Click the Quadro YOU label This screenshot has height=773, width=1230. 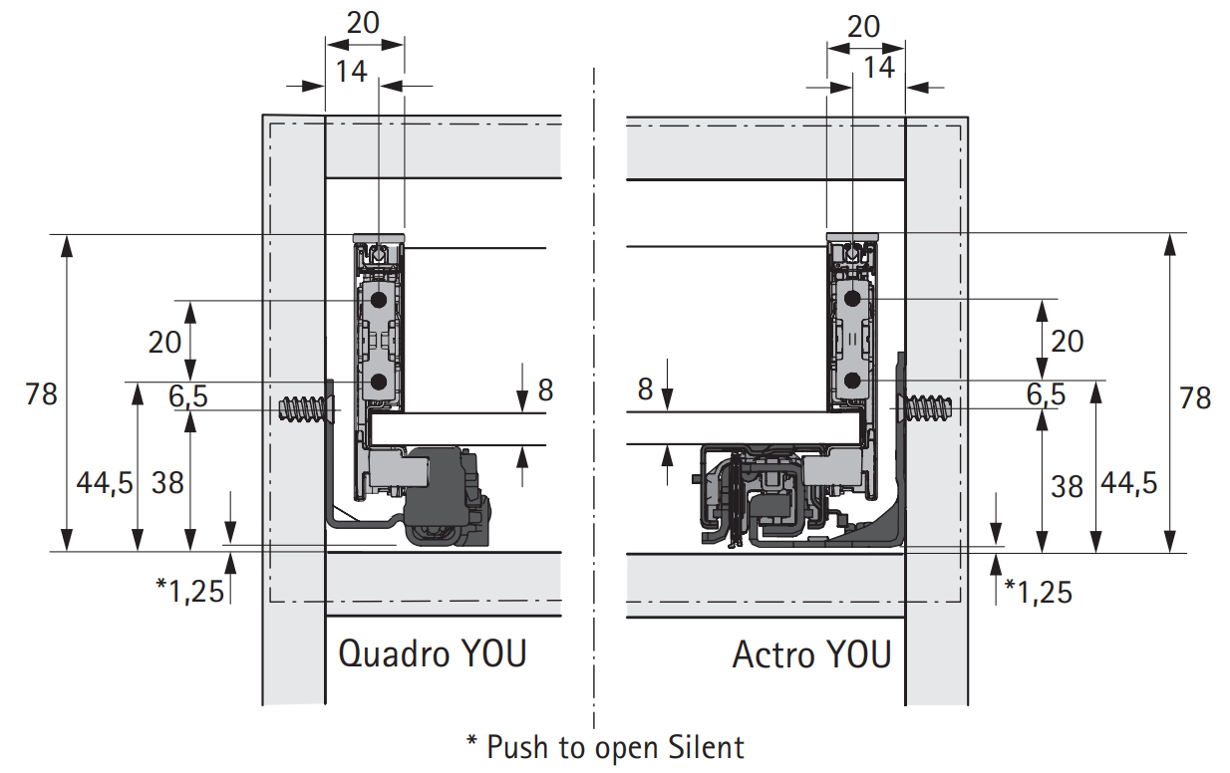(433, 653)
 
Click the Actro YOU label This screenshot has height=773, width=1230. (811, 654)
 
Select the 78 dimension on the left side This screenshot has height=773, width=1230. (41, 394)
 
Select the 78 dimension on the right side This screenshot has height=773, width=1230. (1195, 397)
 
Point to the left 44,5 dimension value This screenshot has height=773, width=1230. (105, 483)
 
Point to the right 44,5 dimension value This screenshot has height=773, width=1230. (1129, 483)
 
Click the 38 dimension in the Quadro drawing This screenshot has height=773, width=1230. (167, 483)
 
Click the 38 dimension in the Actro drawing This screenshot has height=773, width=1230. (1067, 487)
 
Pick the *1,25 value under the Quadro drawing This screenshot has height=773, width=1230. (190, 591)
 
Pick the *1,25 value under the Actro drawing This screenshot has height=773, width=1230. (1038, 592)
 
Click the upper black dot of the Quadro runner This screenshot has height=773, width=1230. (379, 300)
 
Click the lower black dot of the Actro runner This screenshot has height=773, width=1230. (852, 380)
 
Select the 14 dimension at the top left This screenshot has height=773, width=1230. (351, 72)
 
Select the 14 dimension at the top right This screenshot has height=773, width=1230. (879, 68)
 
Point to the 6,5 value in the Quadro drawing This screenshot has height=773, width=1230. (187, 396)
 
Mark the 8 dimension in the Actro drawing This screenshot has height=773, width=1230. (645, 389)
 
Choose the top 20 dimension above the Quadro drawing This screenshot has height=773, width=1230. (363, 23)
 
